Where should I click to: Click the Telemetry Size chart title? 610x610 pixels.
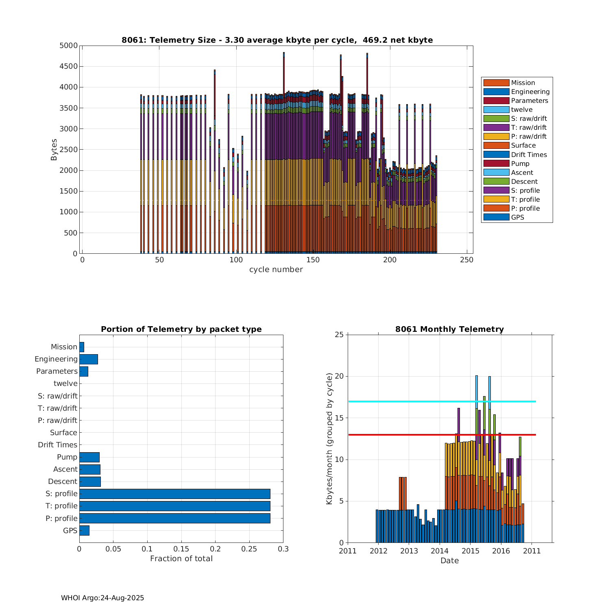[277, 40]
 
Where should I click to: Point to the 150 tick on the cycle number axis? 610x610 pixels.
[313, 260]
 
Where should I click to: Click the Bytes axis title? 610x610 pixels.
[54, 150]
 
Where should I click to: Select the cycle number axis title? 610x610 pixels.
[276, 270]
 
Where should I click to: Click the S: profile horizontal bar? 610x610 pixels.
[175, 494]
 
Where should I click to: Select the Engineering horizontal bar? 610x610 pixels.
[89, 359]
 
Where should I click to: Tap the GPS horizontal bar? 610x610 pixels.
[84, 530]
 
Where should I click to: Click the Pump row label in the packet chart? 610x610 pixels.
[67, 457]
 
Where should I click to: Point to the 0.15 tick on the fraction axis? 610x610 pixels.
[181, 549]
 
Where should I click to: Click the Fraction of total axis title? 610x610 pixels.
[181, 559]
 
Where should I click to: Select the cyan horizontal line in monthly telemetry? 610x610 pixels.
[407, 401]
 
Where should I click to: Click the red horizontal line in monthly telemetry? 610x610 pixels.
[407, 435]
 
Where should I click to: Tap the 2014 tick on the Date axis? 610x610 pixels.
[440, 551]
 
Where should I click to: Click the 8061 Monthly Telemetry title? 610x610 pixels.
[449, 329]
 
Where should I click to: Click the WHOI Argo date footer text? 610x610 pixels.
[102, 598]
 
